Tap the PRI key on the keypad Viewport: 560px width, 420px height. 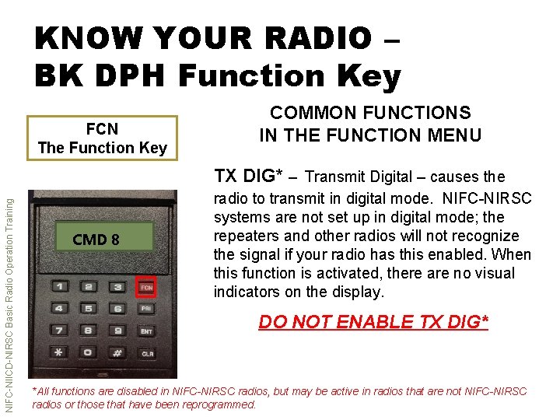click(145, 309)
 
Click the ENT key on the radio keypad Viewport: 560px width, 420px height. click(145, 331)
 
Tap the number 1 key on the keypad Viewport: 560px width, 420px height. click(59, 287)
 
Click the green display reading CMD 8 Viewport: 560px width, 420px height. click(96, 240)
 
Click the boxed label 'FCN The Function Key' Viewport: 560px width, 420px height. click(103, 138)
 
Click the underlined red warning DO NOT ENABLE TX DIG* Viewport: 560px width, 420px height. click(373, 321)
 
